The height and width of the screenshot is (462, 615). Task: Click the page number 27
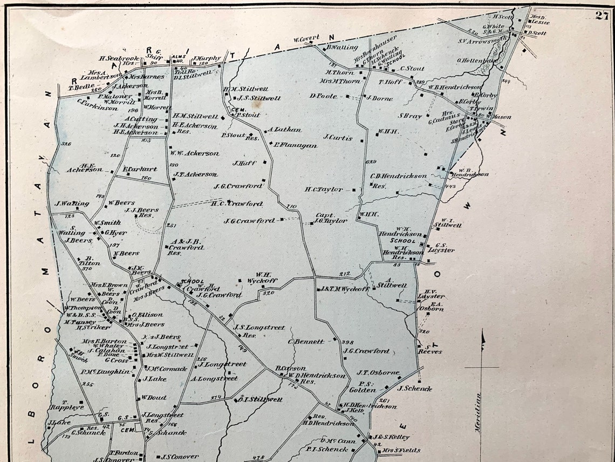[x=602, y=15]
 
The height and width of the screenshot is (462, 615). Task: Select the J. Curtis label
[x=338, y=137]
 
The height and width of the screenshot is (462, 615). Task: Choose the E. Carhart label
[x=140, y=169]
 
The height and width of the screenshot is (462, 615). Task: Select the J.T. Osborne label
[x=378, y=372]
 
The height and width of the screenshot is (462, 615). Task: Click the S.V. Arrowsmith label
[x=482, y=39]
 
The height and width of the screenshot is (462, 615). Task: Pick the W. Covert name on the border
[x=306, y=38]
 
